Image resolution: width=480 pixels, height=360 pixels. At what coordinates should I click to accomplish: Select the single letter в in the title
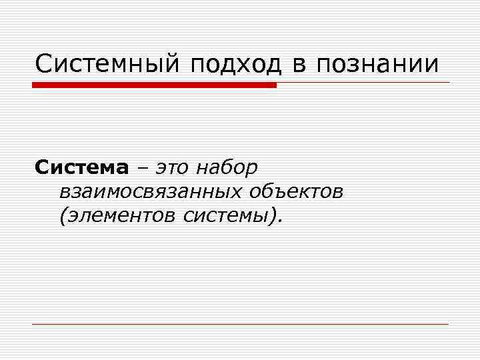click(x=298, y=65)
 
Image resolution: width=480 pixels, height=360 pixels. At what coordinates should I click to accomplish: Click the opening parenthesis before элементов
click(x=63, y=216)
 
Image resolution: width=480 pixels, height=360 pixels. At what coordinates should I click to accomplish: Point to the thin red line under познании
click(x=363, y=83)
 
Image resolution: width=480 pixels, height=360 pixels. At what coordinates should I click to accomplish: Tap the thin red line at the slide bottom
click(x=240, y=324)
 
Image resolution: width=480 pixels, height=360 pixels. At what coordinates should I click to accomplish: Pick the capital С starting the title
click(x=44, y=65)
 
